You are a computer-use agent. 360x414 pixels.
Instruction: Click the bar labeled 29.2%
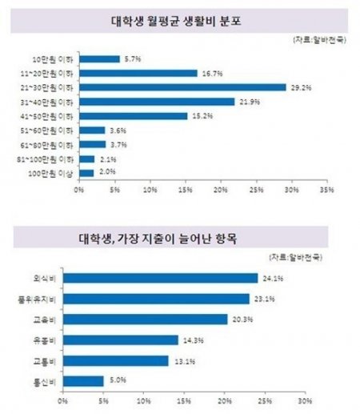182,86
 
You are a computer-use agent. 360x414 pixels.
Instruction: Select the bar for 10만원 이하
99,58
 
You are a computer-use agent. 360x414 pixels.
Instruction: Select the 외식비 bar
160,278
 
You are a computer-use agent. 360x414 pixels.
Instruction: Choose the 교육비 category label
48,320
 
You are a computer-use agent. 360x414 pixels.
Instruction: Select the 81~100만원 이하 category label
50,159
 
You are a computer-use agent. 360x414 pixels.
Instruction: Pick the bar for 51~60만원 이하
92,130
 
